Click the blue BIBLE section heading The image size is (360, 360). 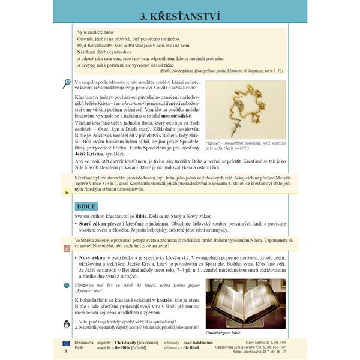tap(82, 205)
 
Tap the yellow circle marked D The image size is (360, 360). tap(67, 193)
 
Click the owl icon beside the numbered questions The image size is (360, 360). tap(67, 325)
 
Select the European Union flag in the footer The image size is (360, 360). tap(66, 342)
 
